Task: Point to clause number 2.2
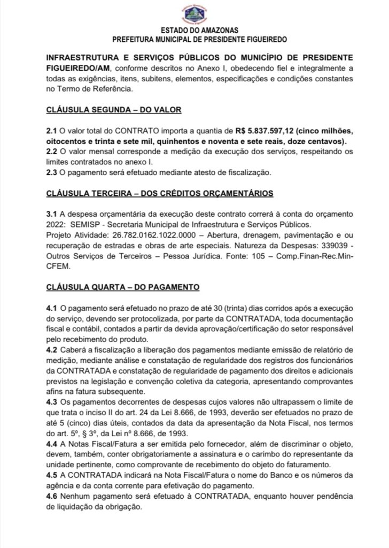click(52, 151)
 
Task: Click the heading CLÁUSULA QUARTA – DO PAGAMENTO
click(123, 287)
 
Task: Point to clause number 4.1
click(52, 308)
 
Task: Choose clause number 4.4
click(52, 444)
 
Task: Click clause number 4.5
click(52, 475)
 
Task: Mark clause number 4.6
click(52, 496)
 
